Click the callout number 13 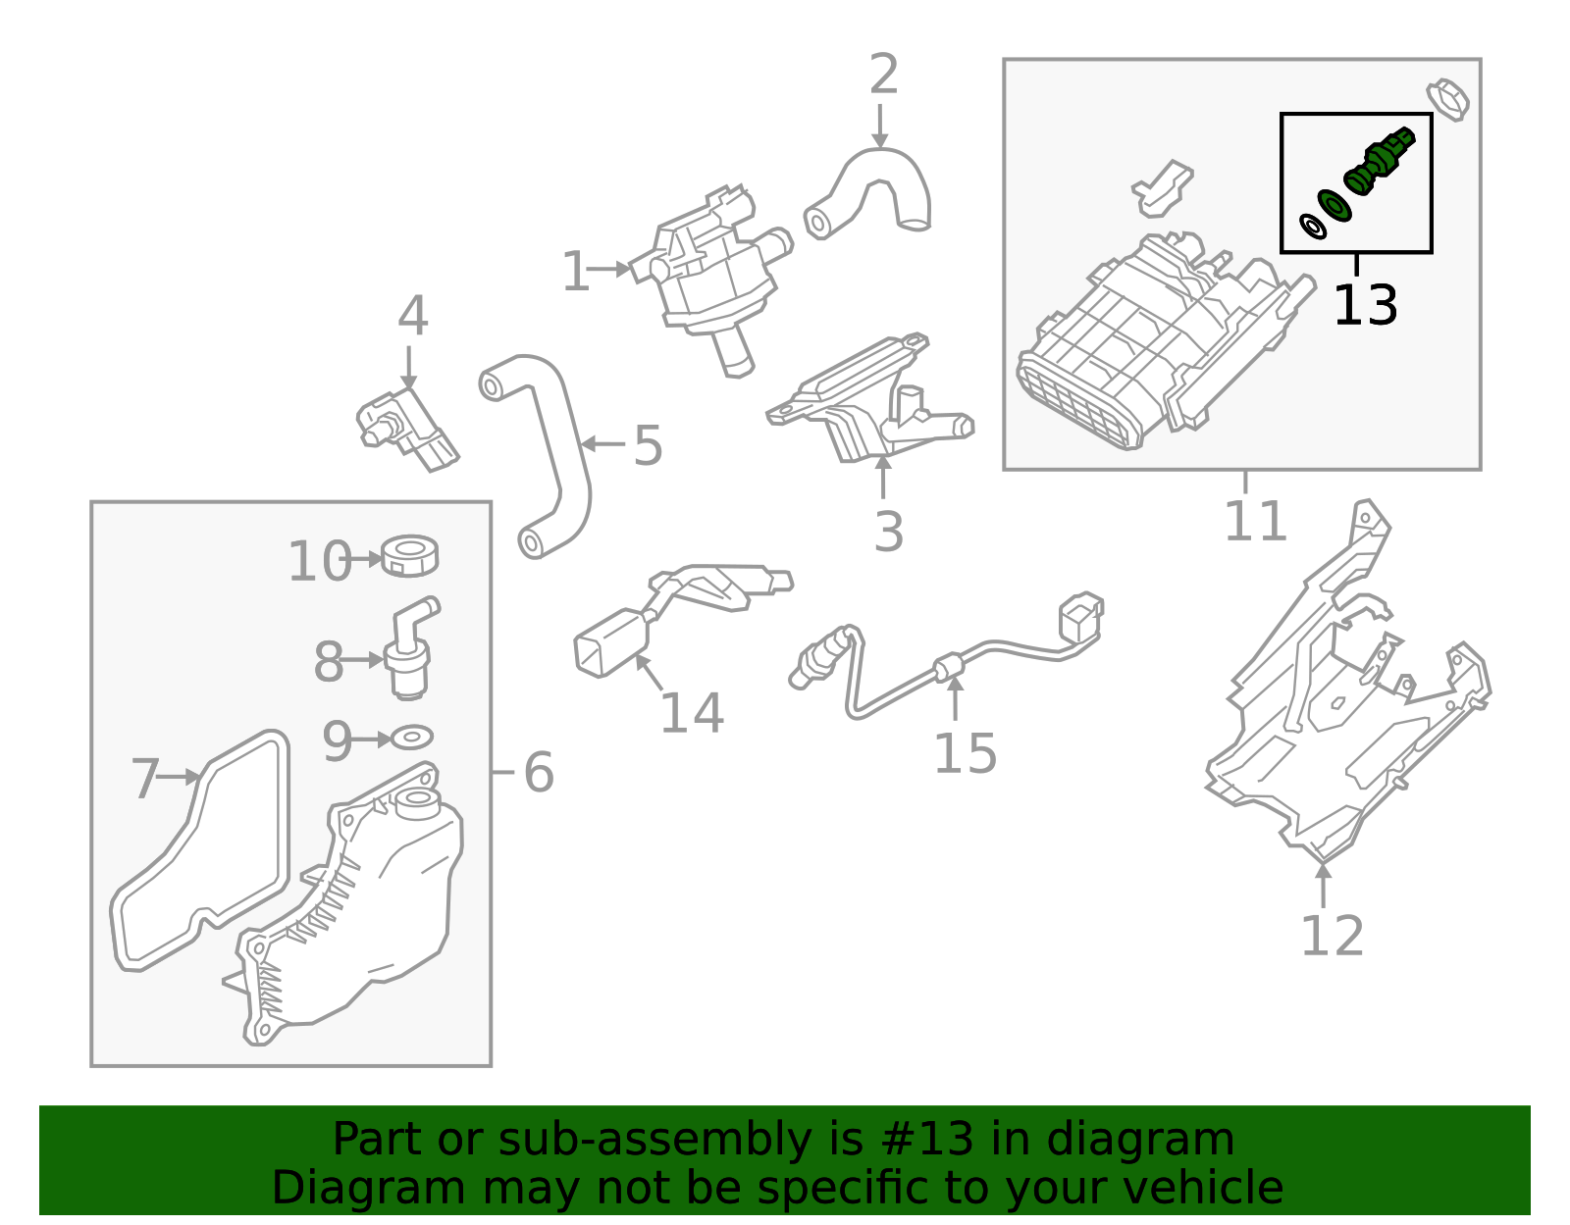pos(1364,307)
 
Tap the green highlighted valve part pos(1378,161)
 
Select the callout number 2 pos(883,76)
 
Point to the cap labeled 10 pos(410,556)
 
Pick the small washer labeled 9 pos(412,737)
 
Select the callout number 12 pos(1332,937)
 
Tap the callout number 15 pos(964,754)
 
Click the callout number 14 pos(691,714)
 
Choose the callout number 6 pos(538,773)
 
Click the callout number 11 pos(1255,522)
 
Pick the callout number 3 pos(887,533)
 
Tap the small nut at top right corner pos(1449,98)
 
